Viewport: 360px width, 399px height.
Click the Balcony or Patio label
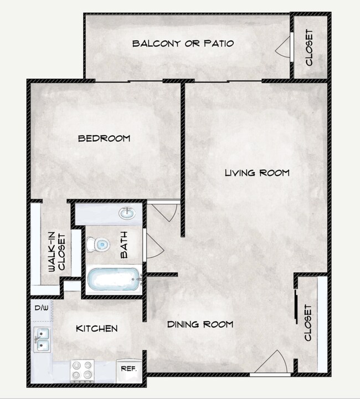tap(183, 43)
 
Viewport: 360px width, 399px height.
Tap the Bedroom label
tap(104, 138)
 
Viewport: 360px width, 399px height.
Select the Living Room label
tap(256, 173)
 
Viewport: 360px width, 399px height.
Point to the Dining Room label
tap(200, 324)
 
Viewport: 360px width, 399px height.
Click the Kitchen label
tap(96, 329)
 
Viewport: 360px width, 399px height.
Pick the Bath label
tap(124, 245)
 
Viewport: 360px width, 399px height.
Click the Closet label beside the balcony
tap(309, 48)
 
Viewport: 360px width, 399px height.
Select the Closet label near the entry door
tap(308, 324)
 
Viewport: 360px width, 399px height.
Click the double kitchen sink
tap(42, 339)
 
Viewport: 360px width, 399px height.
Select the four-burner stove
tap(82, 370)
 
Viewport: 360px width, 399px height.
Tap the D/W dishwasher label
tap(42, 308)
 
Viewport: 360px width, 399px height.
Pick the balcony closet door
tap(284, 48)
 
